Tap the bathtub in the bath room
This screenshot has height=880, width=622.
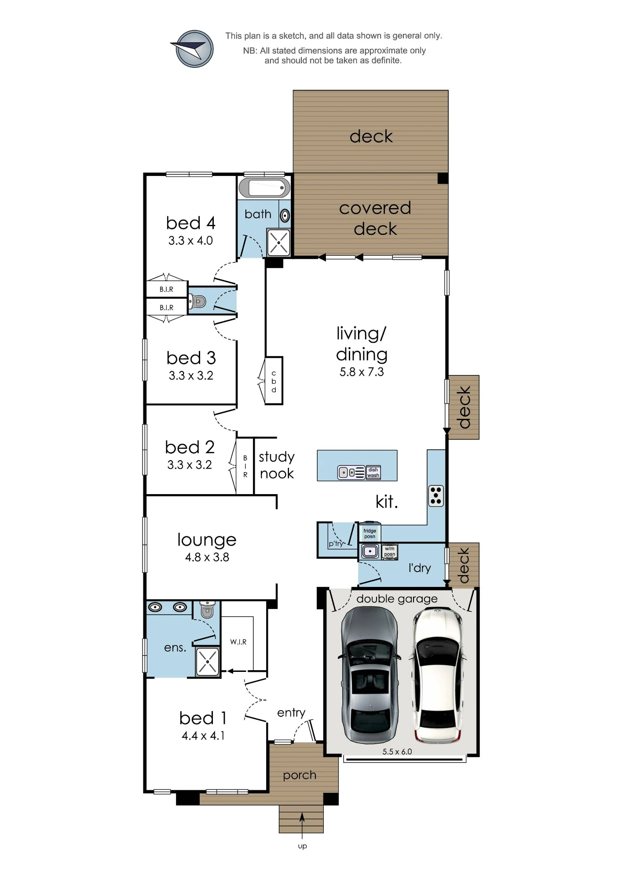(264, 188)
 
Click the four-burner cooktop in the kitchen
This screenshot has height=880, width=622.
(436, 496)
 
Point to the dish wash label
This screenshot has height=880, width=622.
(373, 473)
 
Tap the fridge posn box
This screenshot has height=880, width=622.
(370, 533)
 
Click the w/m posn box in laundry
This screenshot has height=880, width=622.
(390, 551)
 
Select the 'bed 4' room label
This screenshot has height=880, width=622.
(190, 223)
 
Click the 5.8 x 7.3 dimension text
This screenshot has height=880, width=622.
(362, 372)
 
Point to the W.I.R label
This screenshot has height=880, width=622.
(238, 642)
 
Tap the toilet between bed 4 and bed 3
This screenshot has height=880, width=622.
(198, 301)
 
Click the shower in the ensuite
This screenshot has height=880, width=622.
(207, 661)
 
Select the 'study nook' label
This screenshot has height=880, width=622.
(277, 465)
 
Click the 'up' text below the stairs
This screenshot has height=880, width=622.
(302, 847)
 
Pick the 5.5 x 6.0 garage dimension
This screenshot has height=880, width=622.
(397, 752)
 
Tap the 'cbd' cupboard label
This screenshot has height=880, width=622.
(274, 381)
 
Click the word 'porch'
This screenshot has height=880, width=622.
(300, 775)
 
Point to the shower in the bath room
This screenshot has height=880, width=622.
(278, 242)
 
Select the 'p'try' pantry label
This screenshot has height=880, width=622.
(336, 543)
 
